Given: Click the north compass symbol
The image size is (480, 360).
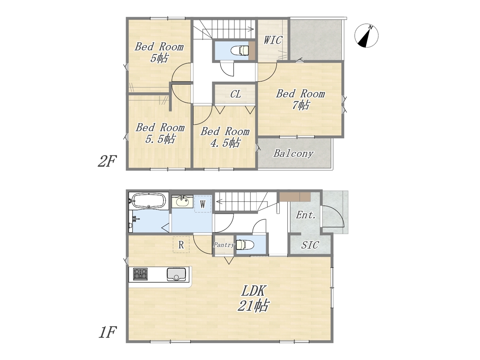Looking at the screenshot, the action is click(366, 35).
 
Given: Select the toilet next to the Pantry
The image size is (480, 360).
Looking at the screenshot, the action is click(245, 244).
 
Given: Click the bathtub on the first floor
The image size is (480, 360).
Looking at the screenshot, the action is click(149, 201).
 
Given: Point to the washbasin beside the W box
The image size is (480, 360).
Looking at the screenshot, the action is click(182, 201).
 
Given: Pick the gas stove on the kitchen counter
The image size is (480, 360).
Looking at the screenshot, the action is click(140, 274).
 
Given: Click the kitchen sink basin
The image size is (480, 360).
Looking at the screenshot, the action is click(176, 274).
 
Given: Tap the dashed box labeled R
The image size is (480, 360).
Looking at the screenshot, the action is click(181, 244).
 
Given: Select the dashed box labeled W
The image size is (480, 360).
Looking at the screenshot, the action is click(203, 204).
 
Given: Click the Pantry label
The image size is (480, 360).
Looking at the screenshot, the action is click(224, 245).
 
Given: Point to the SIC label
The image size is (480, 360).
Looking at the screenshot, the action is click(310, 245).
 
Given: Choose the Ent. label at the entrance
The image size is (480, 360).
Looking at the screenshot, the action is click(306, 215).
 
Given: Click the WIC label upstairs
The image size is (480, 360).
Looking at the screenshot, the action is click(273, 40).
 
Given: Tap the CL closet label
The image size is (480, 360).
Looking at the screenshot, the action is click(235, 94).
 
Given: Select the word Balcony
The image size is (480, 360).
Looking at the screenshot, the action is click(294, 153).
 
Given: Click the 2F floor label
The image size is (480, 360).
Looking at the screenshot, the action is click(107, 161).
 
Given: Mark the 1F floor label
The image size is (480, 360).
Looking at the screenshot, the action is click(107, 333).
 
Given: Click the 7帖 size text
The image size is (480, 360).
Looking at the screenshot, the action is click(301, 105).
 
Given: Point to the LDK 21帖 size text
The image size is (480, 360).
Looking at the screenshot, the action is click(253, 298).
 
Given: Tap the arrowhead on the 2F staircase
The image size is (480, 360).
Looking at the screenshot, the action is click(252, 29).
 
